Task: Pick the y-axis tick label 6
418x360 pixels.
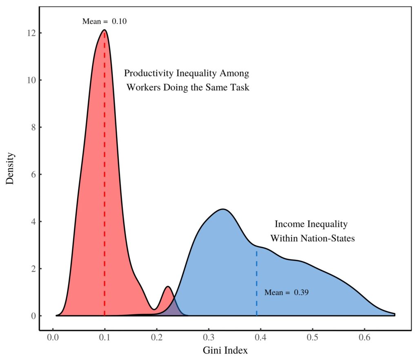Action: [x=31, y=174]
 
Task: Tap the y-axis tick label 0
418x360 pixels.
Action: [x=31, y=316]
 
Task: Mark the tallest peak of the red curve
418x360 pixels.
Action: [x=104, y=30]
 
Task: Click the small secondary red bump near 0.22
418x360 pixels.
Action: [x=168, y=288]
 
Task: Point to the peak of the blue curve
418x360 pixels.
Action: [x=223, y=210]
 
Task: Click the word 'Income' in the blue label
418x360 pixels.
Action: [x=289, y=224]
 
